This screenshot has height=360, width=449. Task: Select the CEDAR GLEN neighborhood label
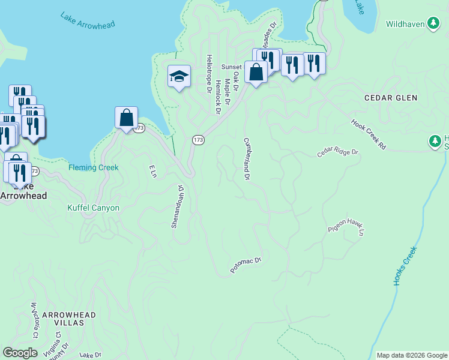[390, 98]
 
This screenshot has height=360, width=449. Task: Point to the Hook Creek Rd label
[369, 134]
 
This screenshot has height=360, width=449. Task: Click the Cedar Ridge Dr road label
[337, 154]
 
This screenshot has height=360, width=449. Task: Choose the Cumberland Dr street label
[246, 159]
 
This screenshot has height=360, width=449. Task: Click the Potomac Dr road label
[247, 266]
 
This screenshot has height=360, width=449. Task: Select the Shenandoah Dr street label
[177, 206]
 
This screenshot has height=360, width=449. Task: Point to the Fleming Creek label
[93, 168]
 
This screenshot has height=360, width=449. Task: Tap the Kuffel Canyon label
[93, 208]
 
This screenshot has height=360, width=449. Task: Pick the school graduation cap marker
[179, 76]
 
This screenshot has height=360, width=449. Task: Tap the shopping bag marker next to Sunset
[256, 72]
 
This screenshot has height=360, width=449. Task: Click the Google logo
[20, 353]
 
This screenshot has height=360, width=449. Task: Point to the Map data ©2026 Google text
[411, 355]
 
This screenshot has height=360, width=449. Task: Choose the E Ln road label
[153, 171]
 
